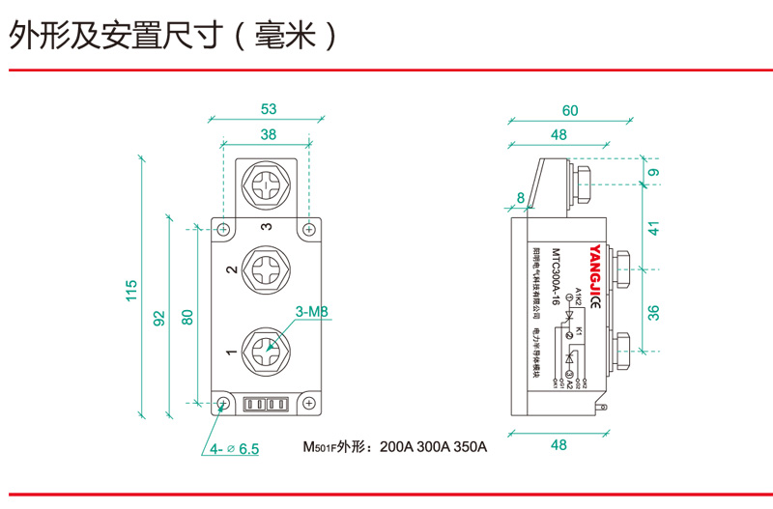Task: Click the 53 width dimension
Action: [x=268, y=109]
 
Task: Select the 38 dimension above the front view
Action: [x=268, y=134]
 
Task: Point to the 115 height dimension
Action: [x=132, y=290]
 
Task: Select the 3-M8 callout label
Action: [x=312, y=312]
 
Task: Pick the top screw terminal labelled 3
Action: [x=268, y=182]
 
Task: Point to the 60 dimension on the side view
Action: [x=570, y=110]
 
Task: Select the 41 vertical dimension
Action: [x=653, y=229]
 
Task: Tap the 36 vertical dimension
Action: [x=653, y=312]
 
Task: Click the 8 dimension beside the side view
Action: [x=522, y=198]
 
